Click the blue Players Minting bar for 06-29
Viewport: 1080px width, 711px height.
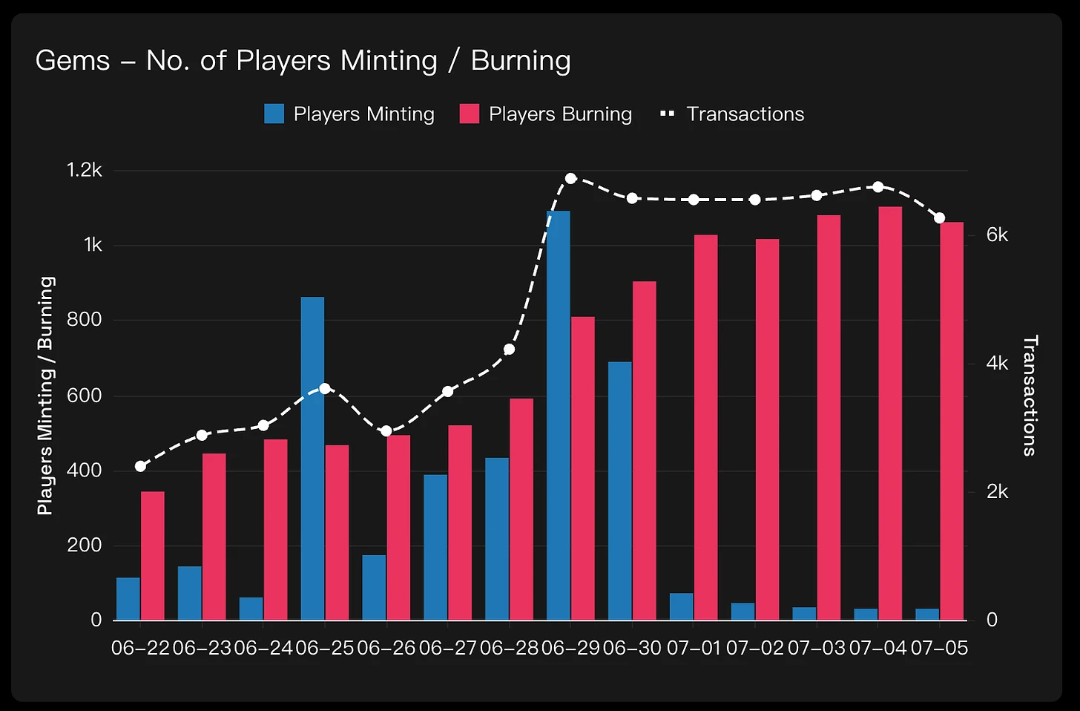[x=558, y=416]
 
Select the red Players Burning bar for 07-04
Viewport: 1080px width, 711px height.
[x=890, y=413]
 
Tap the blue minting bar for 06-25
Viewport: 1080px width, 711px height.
[x=312, y=459]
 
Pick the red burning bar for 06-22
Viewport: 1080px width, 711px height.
[x=152, y=555]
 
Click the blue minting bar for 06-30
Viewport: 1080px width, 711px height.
[x=619, y=491]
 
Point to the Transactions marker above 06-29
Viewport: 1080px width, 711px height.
[x=570, y=178]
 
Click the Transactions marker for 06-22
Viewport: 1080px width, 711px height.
[x=140, y=466]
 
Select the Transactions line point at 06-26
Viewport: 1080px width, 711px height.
[x=386, y=431]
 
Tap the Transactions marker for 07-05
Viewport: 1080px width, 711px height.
[x=939, y=218]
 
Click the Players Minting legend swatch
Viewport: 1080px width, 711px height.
[x=274, y=114]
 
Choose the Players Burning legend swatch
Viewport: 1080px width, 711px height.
[x=469, y=114]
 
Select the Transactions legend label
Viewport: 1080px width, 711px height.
[x=745, y=114]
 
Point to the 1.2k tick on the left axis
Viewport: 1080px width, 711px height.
[x=85, y=170]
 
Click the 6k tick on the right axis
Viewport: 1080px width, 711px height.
[x=997, y=235]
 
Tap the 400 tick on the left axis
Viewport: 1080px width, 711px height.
[x=85, y=470]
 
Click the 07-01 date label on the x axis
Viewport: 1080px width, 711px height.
[x=693, y=648]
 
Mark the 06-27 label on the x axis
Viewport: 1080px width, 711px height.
[x=447, y=648]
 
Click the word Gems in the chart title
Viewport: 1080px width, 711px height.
[x=72, y=61]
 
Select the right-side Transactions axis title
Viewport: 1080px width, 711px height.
[x=1030, y=395]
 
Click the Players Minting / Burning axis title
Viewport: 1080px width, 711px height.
[x=46, y=396]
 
